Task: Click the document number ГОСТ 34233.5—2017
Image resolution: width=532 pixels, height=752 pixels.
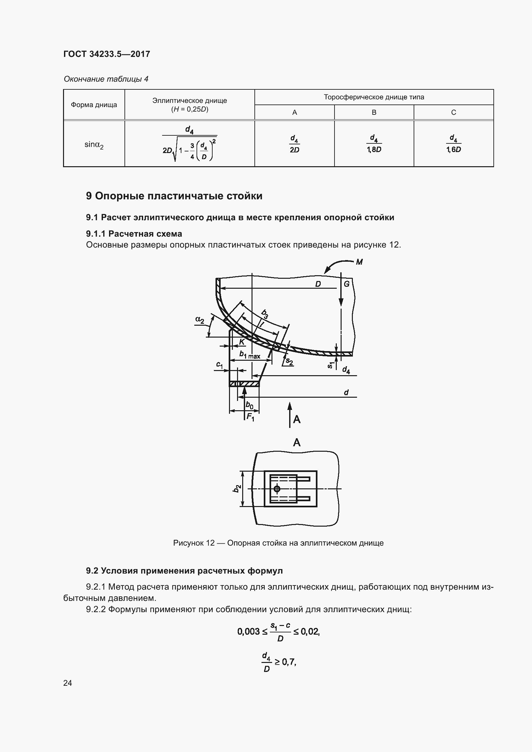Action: click(x=106, y=54)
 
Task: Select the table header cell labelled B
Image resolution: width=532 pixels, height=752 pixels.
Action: click(x=374, y=112)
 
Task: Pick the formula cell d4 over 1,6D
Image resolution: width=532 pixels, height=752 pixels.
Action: click(x=454, y=143)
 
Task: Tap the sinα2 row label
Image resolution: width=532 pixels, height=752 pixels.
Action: click(x=94, y=144)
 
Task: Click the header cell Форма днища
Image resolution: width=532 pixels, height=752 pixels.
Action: click(x=94, y=105)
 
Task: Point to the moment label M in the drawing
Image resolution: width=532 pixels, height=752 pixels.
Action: click(x=359, y=262)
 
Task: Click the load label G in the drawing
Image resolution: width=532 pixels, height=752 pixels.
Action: click(x=347, y=284)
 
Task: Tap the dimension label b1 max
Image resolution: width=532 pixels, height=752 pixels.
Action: click(x=250, y=355)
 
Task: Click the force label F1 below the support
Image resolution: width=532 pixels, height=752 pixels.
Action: click(x=250, y=417)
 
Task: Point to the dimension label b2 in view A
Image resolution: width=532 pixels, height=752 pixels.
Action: click(x=236, y=489)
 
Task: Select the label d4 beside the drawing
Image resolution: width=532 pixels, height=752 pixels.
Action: click(x=346, y=370)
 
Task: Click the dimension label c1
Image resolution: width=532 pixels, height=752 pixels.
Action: click(x=219, y=365)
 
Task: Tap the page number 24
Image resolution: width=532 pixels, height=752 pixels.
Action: click(x=68, y=683)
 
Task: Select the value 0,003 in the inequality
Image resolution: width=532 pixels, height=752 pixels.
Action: click(x=248, y=631)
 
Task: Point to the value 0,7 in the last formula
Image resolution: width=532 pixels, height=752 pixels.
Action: click(x=289, y=662)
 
